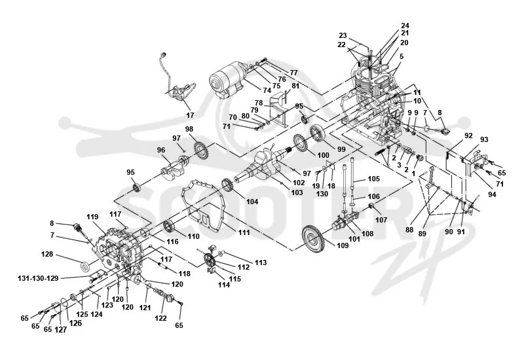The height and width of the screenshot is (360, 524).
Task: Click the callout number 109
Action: (x=343, y=245)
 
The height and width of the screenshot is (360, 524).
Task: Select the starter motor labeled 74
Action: (x=229, y=81)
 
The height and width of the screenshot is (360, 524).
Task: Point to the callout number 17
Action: (x=190, y=115)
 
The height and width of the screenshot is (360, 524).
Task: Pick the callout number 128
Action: (x=47, y=254)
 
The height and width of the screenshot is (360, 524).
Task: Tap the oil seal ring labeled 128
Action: (x=86, y=267)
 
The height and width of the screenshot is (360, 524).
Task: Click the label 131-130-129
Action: (x=38, y=278)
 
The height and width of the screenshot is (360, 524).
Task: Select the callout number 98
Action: (x=189, y=129)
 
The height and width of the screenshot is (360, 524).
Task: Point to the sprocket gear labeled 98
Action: (x=201, y=151)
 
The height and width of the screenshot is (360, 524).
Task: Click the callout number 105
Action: (x=373, y=179)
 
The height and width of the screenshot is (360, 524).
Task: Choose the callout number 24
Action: (x=405, y=26)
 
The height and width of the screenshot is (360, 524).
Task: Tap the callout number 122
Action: (x=160, y=318)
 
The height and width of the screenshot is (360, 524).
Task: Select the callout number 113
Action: (x=261, y=263)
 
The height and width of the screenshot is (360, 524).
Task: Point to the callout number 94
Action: (x=492, y=194)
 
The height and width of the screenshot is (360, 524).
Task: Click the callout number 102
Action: (x=299, y=183)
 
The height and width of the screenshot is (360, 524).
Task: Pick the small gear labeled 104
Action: (x=227, y=186)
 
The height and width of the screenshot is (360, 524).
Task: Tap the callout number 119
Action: (x=92, y=217)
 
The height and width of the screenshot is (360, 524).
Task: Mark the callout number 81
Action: (x=295, y=86)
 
